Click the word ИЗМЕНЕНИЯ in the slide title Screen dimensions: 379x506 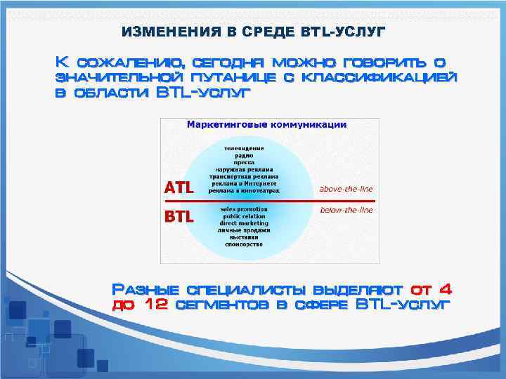(164, 32)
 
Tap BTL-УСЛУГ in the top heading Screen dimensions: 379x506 (344, 32)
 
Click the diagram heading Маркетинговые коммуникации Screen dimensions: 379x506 (266, 125)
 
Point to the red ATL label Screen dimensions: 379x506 (179, 187)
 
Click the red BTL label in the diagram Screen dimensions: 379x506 (179, 216)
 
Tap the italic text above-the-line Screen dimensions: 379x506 (346, 189)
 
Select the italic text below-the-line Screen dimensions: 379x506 (346, 210)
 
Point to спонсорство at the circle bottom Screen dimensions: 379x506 (244, 245)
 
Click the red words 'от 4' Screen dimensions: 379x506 (431, 288)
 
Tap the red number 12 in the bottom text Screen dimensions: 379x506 (154, 305)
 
